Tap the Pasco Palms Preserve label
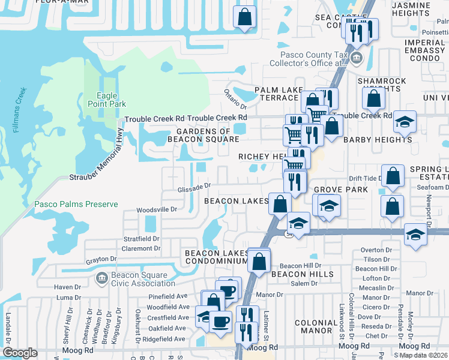coord(76,204)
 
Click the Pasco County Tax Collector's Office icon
coord(357,58)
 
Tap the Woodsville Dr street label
coord(157,209)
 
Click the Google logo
coord(20,353)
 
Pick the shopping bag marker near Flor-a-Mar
coord(244,17)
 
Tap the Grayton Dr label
coord(100,260)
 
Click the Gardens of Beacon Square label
coord(207,136)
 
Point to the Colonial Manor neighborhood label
coord(316,326)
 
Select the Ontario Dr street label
coord(236,95)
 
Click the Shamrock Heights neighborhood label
coord(381,85)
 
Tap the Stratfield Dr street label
coord(142,238)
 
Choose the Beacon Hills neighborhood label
coord(293,274)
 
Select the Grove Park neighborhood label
coord(331,190)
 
